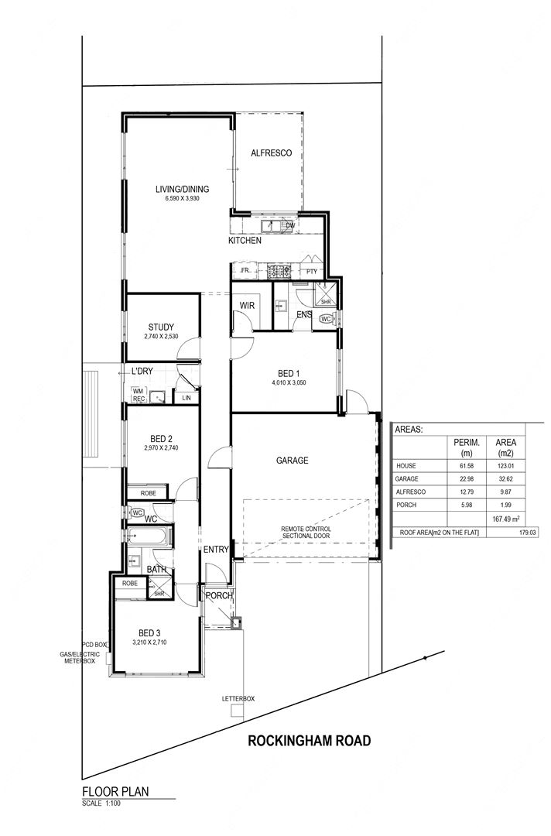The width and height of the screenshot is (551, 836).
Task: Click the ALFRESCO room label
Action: (271, 153)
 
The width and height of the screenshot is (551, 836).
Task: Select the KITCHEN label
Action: (245, 241)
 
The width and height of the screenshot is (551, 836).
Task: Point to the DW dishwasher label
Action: (290, 225)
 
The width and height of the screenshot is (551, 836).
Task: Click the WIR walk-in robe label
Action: (247, 306)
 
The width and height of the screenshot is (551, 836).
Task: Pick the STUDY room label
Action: (161, 327)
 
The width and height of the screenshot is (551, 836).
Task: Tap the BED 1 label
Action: (289, 374)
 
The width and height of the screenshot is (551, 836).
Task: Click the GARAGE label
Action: (292, 460)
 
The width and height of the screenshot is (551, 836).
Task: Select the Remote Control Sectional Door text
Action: (306, 532)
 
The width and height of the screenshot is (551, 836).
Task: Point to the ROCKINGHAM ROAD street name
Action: (309, 741)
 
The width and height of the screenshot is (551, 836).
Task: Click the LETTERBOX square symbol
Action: (237, 711)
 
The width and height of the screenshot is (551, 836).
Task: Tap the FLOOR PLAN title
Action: (115, 792)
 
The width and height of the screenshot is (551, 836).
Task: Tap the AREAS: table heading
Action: (409, 429)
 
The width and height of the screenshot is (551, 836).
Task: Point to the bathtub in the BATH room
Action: (149, 536)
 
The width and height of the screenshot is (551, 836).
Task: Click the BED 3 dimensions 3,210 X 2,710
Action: (149, 642)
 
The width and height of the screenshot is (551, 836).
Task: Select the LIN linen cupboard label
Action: (187, 398)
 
